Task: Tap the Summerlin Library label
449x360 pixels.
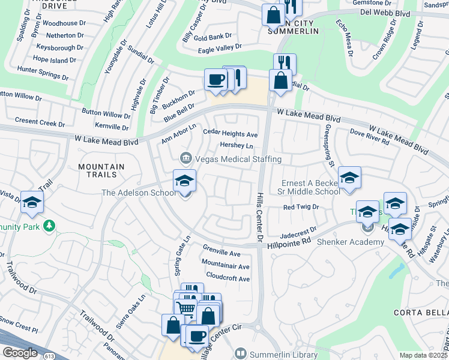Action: coord(283,354)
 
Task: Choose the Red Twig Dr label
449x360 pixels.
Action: coord(300,207)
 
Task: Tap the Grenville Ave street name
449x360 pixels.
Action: coord(221,254)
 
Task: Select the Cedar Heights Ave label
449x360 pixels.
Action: coord(231,134)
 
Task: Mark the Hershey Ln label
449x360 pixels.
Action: coord(236,145)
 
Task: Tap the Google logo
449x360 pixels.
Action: coord(20,353)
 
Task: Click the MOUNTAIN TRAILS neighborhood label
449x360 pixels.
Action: coord(100,172)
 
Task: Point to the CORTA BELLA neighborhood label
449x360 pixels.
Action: coord(421,313)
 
